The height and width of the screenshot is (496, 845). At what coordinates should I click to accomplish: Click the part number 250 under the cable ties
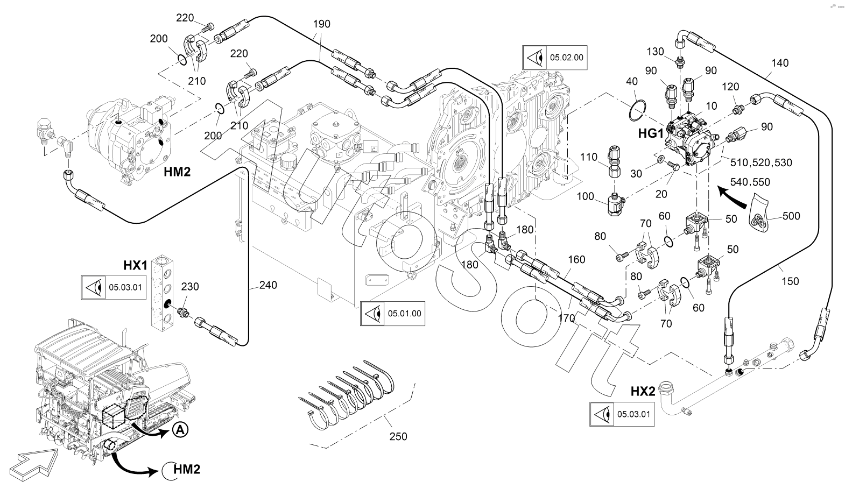(x=398, y=436)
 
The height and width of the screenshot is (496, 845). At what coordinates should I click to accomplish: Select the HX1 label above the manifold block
(x=135, y=265)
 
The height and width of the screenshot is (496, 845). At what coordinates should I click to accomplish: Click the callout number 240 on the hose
(x=268, y=285)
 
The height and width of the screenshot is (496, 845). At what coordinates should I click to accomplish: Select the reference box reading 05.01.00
(x=392, y=313)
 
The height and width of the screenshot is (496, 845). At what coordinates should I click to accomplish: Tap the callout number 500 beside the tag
(x=791, y=216)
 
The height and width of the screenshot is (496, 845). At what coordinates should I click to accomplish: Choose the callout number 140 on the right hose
(x=779, y=63)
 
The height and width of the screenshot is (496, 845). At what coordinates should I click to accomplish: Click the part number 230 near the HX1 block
(x=189, y=287)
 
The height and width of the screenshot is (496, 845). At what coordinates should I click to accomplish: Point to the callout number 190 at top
(x=321, y=24)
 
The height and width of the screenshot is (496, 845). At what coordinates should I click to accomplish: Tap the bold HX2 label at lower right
(x=643, y=391)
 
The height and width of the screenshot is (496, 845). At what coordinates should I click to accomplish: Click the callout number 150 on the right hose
(x=790, y=281)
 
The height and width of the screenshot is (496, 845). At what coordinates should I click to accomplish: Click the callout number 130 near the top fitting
(x=655, y=52)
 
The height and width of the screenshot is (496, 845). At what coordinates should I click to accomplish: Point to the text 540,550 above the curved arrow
(x=751, y=182)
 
